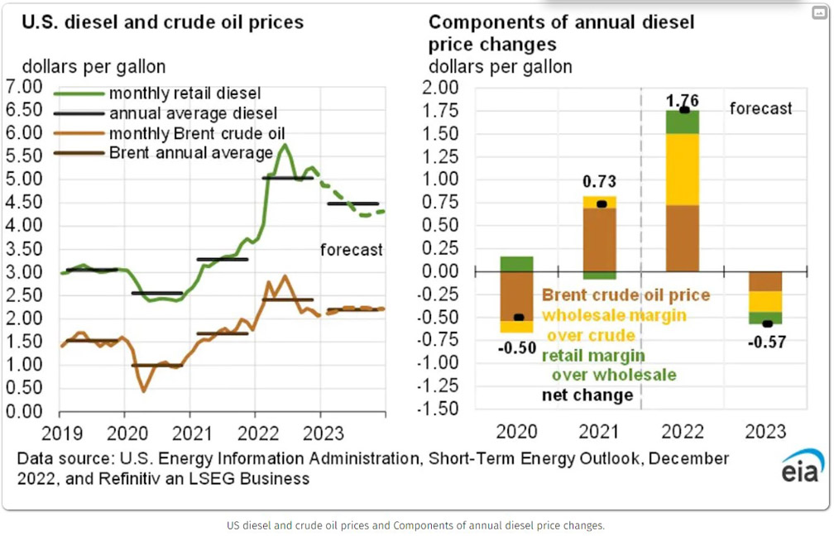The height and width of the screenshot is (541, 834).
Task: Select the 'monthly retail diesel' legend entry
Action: [x=185, y=93]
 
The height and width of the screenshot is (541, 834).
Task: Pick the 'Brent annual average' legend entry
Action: [x=190, y=153]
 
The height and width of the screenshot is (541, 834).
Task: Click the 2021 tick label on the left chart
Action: [x=189, y=431]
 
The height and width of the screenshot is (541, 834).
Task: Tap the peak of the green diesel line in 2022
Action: [x=285, y=145]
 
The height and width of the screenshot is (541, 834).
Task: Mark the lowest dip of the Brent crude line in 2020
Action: [x=144, y=390]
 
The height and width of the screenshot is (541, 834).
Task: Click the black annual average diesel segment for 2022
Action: [x=287, y=178]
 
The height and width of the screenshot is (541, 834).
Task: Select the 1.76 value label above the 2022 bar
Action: [x=683, y=100]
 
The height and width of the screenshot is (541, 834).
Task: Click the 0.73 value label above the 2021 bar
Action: [x=599, y=182]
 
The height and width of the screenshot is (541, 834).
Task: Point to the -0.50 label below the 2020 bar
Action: [x=517, y=348]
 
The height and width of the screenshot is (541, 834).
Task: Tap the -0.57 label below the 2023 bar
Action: [x=767, y=342]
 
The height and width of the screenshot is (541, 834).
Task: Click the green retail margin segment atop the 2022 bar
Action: [x=683, y=122]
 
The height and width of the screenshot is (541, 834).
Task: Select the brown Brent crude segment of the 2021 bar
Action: [x=600, y=238]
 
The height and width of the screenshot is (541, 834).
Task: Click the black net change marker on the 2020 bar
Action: [x=519, y=317]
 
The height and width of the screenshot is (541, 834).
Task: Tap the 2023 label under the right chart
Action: [x=765, y=432]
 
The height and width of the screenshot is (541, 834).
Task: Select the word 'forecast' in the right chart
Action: [x=760, y=108]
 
